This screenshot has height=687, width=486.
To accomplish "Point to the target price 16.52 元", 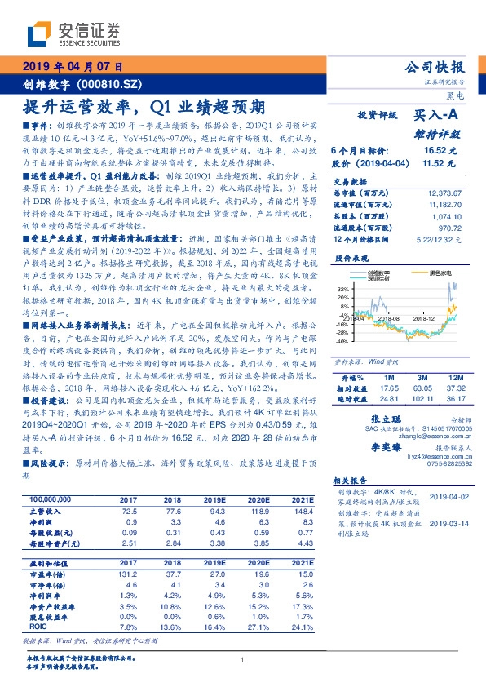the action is point(439,151).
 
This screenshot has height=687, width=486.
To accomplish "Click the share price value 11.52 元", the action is point(439,164).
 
